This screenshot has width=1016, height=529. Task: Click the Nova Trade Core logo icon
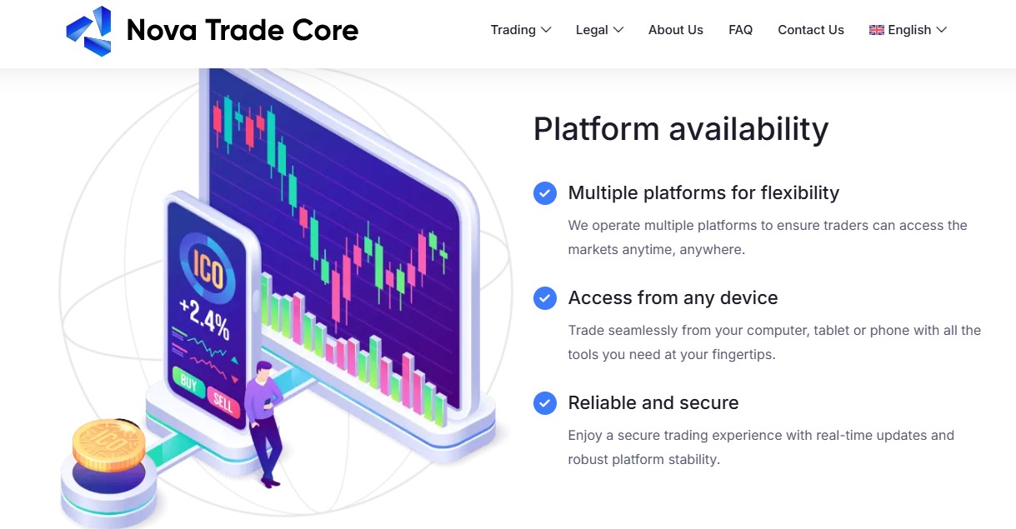pyautogui.click(x=89, y=31)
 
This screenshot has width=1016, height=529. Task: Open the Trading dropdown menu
pyautogui.click(x=521, y=30)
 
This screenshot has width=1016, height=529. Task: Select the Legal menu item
pyautogui.click(x=599, y=30)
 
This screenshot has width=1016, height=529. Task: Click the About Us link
pyautogui.click(x=675, y=30)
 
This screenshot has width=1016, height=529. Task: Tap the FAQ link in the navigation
pyautogui.click(x=740, y=30)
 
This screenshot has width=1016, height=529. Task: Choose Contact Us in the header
pyautogui.click(x=810, y=30)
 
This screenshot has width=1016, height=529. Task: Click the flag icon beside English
pyautogui.click(x=876, y=30)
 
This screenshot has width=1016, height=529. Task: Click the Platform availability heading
pyautogui.click(x=681, y=129)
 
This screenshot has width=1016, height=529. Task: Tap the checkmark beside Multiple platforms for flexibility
pyautogui.click(x=545, y=193)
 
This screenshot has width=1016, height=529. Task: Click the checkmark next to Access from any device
pyautogui.click(x=545, y=298)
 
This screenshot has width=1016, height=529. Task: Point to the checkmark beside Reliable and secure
pyautogui.click(x=545, y=403)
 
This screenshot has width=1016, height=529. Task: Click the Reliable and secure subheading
pyautogui.click(x=653, y=402)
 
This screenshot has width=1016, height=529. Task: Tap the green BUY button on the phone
pyautogui.click(x=188, y=383)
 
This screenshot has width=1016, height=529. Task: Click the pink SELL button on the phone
pyautogui.click(x=223, y=402)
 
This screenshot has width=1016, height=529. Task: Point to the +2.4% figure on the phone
pyautogui.click(x=205, y=319)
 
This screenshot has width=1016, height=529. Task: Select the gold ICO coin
pyautogui.click(x=109, y=445)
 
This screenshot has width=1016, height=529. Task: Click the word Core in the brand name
pyautogui.click(x=325, y=30)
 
